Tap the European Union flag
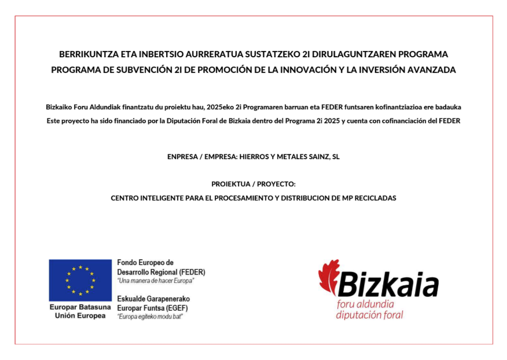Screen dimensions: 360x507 tap(80, 280)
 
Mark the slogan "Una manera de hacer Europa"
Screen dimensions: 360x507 tap(156, 281)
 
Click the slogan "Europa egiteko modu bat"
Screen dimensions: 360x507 tap(150, 317)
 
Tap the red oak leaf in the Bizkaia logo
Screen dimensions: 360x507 tap(328, 276)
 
